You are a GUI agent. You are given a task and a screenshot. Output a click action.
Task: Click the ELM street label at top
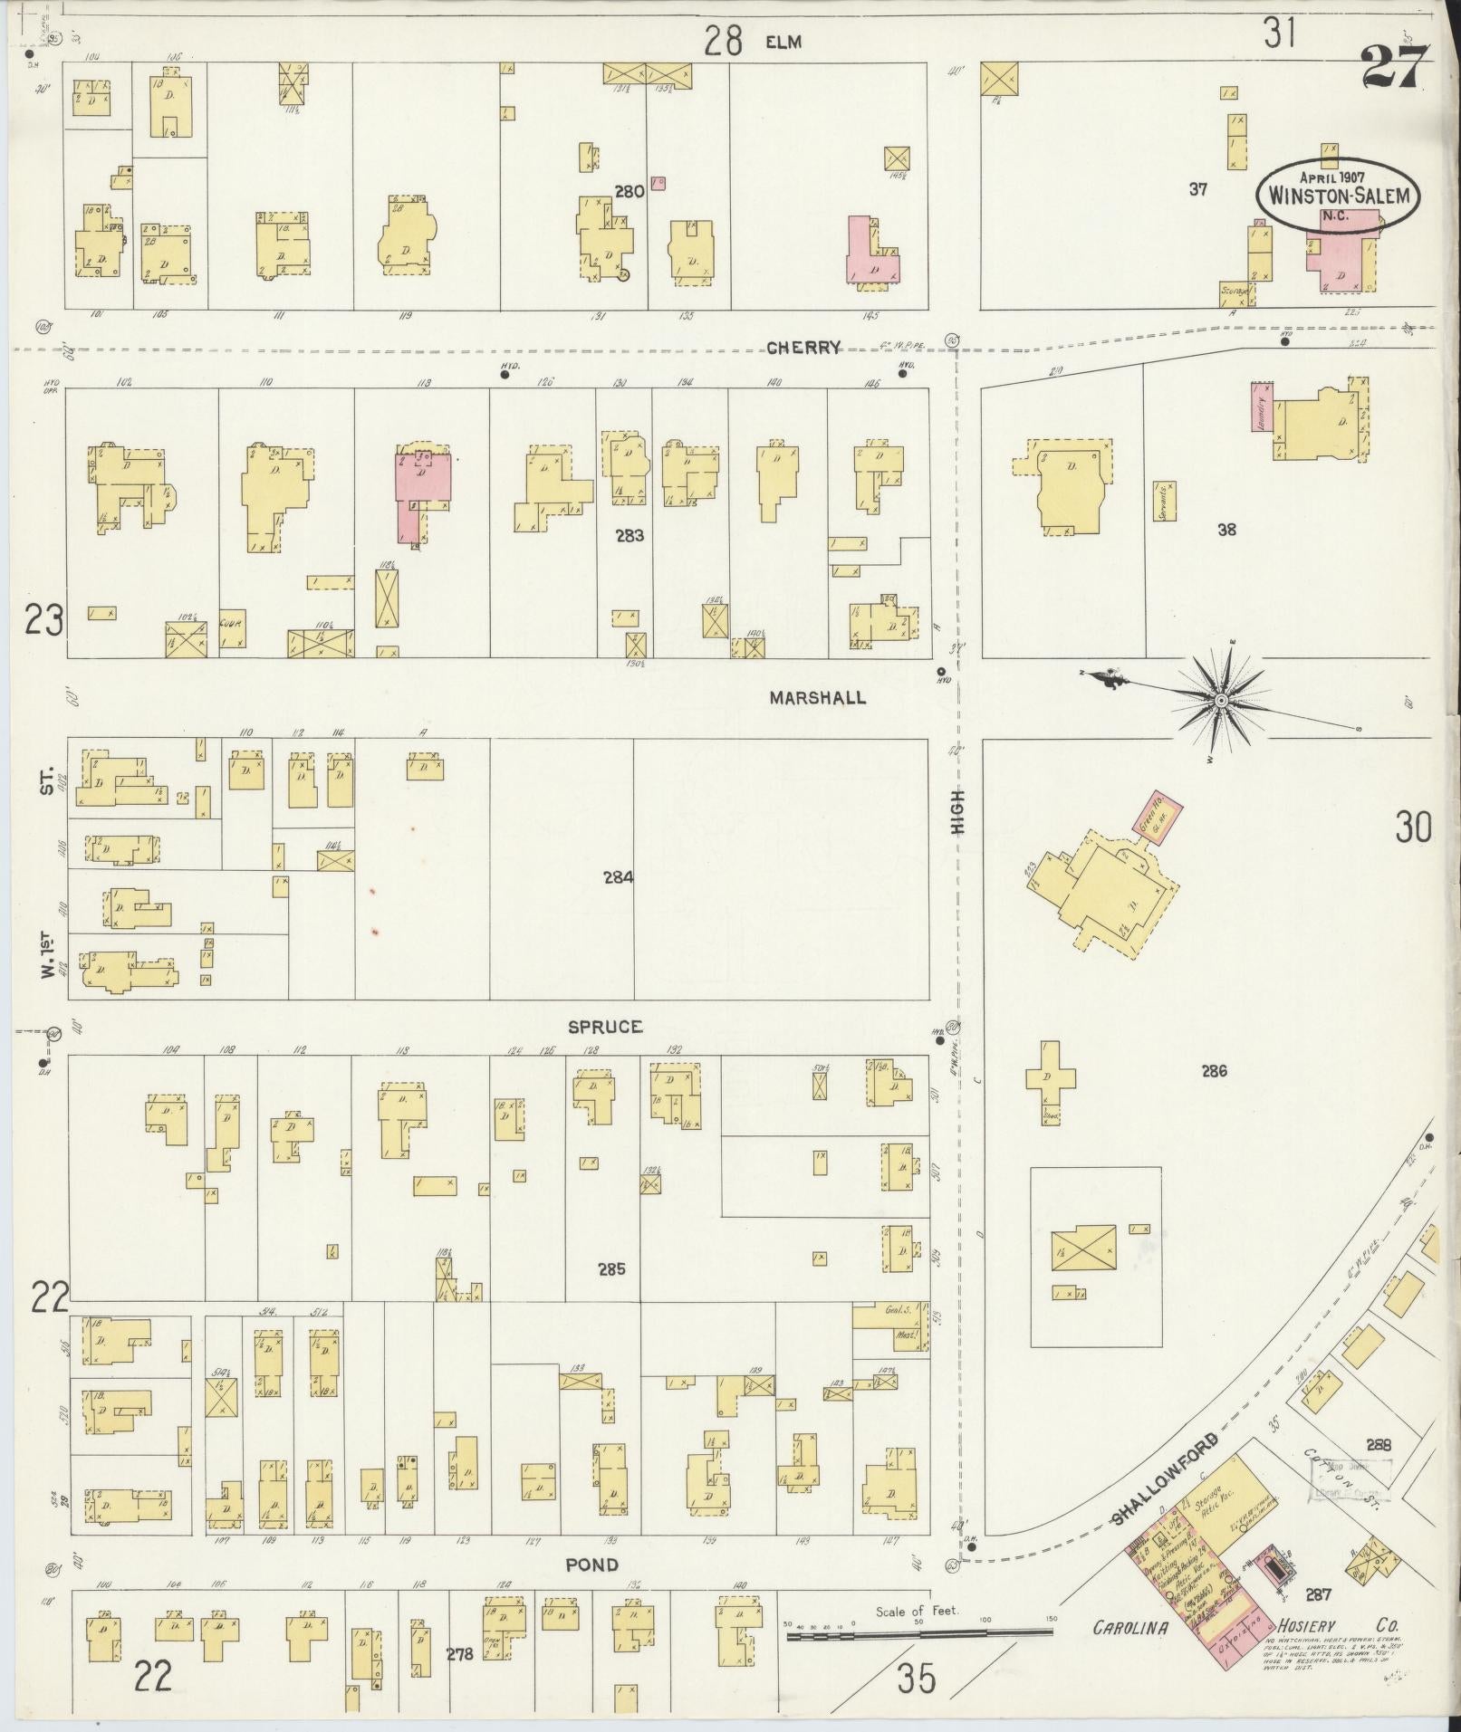(x=783, y=42)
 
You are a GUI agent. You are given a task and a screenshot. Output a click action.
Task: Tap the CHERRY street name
(x=804, y=348)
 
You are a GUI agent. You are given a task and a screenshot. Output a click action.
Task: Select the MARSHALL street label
(x=817, y=698)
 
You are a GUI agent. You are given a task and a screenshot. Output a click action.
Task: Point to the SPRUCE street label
(x=605, y=1027)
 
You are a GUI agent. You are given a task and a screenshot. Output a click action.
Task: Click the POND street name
(x=592, y=1565)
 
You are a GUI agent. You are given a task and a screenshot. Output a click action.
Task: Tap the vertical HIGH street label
(x=958, y=812)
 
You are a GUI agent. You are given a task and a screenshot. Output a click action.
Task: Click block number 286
(x=1214, y=1071)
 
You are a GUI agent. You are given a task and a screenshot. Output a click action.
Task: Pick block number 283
(x=629, y=536)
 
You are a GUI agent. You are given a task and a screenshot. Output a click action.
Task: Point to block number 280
(x=629, y=192)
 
